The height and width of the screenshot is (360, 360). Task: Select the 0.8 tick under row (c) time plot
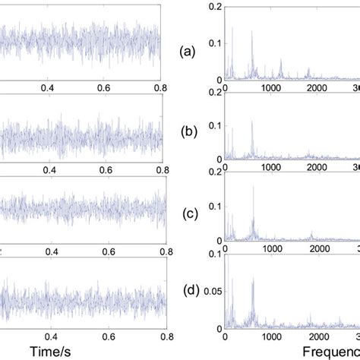pyautogui.click(x=158, y=252)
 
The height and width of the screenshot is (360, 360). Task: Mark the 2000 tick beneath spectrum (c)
pyautogui.click(x=318, y=252)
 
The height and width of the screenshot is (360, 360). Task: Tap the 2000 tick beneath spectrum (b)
pyautogui.click(x=318, y=171)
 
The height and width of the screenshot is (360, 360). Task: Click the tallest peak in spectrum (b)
pyautogui.click(x=251, y=122)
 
